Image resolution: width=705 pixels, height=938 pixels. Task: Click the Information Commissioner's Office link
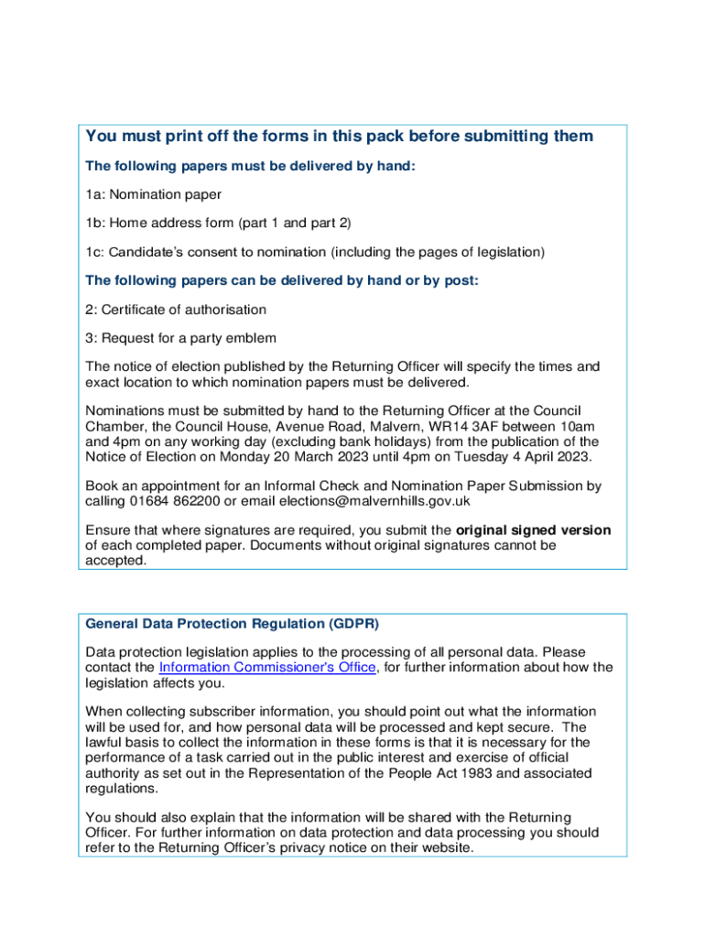(267, 667)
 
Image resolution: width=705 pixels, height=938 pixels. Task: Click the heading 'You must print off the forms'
(339, 136)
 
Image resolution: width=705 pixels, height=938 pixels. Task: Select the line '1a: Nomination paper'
(154, 194)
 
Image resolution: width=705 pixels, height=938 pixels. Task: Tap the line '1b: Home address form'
(218, 223)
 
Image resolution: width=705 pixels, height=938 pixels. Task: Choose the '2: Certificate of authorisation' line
(176, 310)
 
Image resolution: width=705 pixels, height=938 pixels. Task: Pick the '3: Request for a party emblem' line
(180, 338)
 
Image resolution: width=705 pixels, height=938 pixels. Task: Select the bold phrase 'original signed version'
(534, 530)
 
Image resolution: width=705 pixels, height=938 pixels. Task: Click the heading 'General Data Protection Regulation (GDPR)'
(232, 624)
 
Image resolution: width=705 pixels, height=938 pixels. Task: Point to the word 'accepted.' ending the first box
(115, 561)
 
